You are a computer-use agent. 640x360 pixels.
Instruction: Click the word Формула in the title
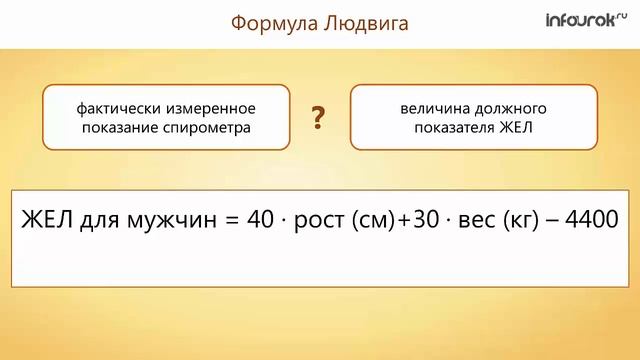click(272, 23)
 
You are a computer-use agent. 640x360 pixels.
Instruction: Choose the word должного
click(515, 107)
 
